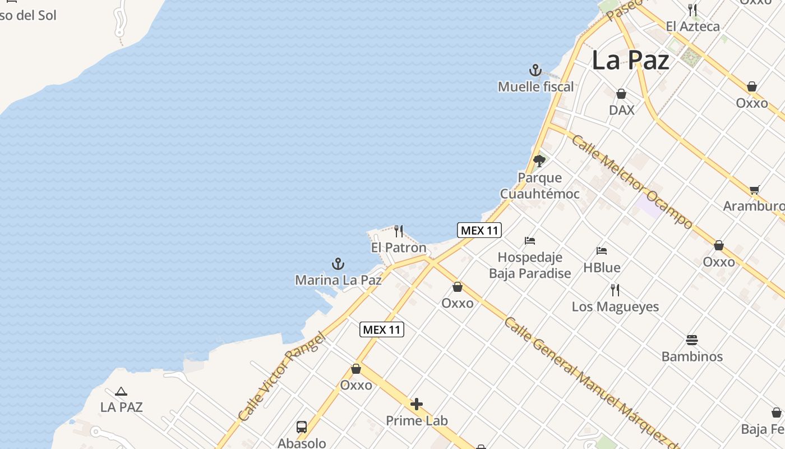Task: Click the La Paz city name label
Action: tap(630, 60)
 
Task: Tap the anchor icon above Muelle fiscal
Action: tap(535, 71)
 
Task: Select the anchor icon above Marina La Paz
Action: tap(338, 264)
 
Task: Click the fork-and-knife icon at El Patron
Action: tap(399, 231)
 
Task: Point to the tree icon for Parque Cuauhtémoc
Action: tap(539, 161)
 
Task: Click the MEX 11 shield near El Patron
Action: tap(479, 230)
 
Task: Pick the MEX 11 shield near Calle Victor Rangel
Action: tap(381, 329)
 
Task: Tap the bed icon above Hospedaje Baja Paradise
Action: tap(529, 241)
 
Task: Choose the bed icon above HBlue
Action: tap(602, 250)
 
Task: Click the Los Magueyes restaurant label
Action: tap(615, 307)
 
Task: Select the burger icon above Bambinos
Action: tap(692, 340)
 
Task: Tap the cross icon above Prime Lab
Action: tap(417, 404)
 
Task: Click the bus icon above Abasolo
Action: tap(302, 427)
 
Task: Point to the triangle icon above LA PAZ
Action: tap(121, 391)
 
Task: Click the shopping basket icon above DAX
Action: tap(621, 94)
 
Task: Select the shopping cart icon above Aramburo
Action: tap(754, 190)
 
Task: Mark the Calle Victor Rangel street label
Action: tap(281, 377)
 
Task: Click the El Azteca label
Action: tap(692, 26)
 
